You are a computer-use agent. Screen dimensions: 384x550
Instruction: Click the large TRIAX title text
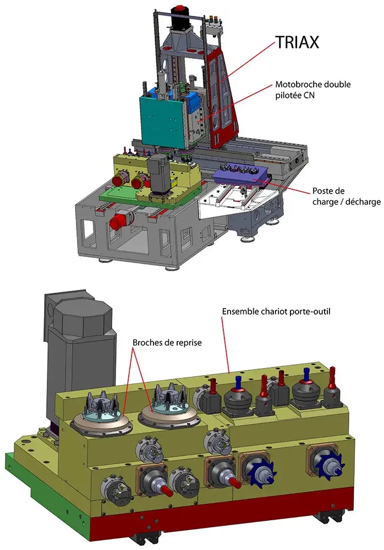(297, 42)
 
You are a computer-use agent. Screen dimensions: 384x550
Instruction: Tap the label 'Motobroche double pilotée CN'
(312, 90)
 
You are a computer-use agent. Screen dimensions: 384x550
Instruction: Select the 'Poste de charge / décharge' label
(346, 196)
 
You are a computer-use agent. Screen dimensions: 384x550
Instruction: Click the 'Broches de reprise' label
(167, 342)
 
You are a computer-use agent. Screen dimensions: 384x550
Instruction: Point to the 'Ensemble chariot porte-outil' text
(276, 311)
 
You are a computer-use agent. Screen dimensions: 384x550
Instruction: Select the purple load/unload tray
(241, 176)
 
